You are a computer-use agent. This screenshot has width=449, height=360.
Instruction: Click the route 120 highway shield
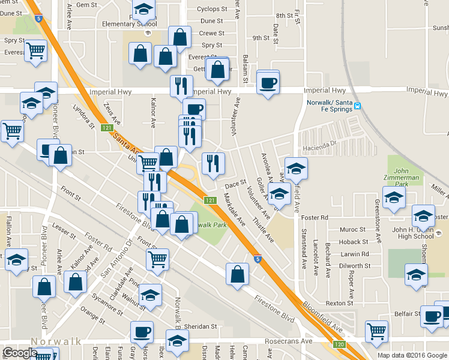point(340,344)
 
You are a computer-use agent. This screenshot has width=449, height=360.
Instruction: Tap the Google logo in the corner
point(20,353)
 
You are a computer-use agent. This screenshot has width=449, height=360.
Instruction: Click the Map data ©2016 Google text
point(412,355)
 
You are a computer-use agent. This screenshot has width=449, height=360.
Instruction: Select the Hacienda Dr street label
point(321,144)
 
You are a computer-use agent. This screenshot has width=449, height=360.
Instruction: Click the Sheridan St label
point(201,327)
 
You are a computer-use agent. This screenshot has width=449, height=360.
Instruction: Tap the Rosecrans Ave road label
point(289,341)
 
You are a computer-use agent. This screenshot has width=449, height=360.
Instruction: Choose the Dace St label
point(236,183)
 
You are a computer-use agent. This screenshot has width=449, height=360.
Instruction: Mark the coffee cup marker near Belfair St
point(431,317)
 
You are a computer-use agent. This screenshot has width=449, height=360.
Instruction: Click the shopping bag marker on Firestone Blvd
point(238,274)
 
